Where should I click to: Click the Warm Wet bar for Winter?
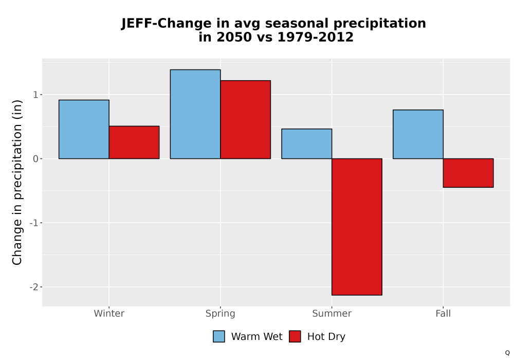[84, 129]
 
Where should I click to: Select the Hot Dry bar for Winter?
[134, 142]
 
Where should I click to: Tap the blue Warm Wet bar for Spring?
[195, 114]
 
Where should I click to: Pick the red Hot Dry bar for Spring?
[246, 120]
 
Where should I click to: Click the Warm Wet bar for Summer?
[307, 143]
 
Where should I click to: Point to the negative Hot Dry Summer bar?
[357, 227]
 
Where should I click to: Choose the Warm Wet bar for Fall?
[418, 134]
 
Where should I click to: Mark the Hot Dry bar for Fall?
[468, 173]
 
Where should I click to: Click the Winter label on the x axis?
[109, 313]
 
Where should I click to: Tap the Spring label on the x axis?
[221, 314]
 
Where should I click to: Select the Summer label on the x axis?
[332, 313]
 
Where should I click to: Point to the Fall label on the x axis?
[443, 313]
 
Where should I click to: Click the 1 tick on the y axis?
[35, 95]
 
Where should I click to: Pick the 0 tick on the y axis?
[35, 159]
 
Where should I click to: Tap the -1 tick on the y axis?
[34, 223]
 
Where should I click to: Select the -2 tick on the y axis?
[34, 287]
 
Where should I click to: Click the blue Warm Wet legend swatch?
[219, 336]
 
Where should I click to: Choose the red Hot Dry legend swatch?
[295, 336]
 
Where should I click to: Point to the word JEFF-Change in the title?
[167, 24]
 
